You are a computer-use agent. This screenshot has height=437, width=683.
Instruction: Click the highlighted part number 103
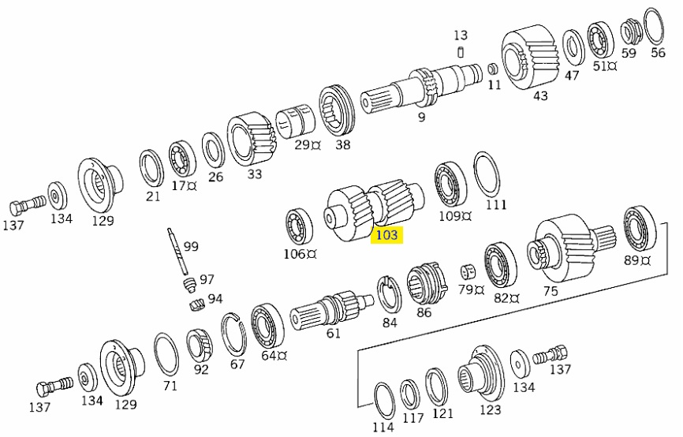pyautogui.click(x=387, y=235)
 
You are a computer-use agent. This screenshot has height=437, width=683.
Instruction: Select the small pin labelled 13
pyautogui.click(x=461, y=53)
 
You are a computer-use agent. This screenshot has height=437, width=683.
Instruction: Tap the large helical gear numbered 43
pyautogui.click(x=531, y=57)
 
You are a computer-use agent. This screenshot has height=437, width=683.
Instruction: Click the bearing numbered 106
pyautogui.click(x=300, y=226)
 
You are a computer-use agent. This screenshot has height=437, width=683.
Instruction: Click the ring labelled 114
pyautogui.click(x=383, y=401)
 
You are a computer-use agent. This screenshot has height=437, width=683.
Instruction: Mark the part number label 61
pyautogui.click(x=334, y=333)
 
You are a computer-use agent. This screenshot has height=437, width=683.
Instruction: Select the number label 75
pyautogui.click(x=550, y=291)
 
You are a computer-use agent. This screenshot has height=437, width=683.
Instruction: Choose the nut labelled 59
pyautogui.click(x=628, y=32)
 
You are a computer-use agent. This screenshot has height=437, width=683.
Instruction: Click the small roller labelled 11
pyautogui.click(x=492, y=69)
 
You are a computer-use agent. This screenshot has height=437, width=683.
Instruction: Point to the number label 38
pyautogui.click(x=342, y=144)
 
